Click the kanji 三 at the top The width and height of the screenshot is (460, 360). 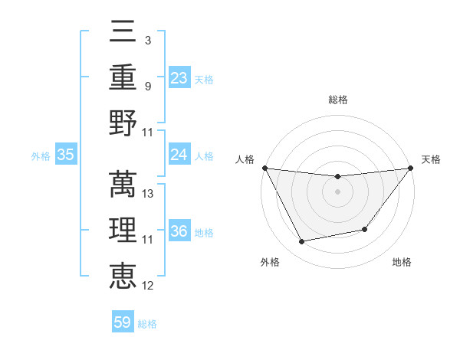pos(123,32)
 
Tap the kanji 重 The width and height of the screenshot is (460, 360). pos(123,77)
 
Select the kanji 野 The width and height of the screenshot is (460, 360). pos(123,123)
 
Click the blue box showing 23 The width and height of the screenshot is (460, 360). pos(179,78)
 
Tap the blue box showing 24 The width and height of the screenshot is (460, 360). pos(179,155)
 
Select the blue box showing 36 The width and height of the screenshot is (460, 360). pos(179,232)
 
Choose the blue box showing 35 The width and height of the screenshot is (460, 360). pos(65,155)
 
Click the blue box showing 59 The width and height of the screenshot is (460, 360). pos(123,322)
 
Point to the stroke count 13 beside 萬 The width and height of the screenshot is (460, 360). pos(149,194)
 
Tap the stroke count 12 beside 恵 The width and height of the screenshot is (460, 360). pos(149,286)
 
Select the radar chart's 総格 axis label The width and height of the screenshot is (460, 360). pos(337,100)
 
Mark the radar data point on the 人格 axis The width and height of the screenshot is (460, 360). pos(264,168)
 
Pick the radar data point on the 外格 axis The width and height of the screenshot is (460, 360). pos(302,242)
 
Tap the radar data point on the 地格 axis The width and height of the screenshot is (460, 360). pos(365,229)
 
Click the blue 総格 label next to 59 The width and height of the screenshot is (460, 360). pos(147,324)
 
